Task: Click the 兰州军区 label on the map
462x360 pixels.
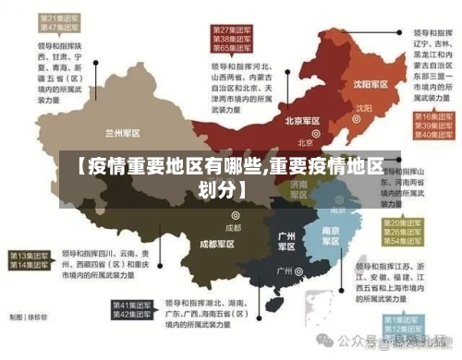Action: tap(122, 133)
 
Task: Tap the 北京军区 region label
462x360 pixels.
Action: tap(302, 121)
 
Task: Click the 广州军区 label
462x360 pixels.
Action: tap(286, 241)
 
